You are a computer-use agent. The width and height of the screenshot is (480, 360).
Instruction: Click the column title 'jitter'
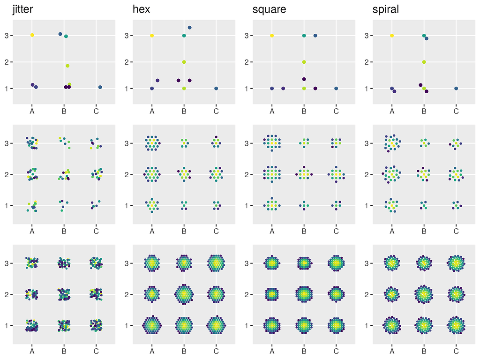22,9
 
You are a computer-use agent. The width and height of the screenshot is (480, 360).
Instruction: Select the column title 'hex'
141,9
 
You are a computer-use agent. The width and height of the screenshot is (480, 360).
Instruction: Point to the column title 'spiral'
385,9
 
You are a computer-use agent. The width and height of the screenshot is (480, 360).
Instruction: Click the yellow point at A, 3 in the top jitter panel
32,35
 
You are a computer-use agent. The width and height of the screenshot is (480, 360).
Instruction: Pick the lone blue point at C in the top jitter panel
100,87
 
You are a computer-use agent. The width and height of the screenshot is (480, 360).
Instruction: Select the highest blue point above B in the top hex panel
189,28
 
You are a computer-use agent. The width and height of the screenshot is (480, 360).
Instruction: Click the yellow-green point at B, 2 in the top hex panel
184,62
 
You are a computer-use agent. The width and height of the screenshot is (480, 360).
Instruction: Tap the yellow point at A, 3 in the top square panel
272,36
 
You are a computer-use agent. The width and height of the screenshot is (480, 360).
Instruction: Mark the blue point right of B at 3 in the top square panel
315,36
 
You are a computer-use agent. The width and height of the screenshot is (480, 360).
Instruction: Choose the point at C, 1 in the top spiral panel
456,88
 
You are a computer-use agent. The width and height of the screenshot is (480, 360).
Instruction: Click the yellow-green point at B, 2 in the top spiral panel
424,62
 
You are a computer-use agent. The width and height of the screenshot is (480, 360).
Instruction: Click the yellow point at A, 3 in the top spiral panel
392,36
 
